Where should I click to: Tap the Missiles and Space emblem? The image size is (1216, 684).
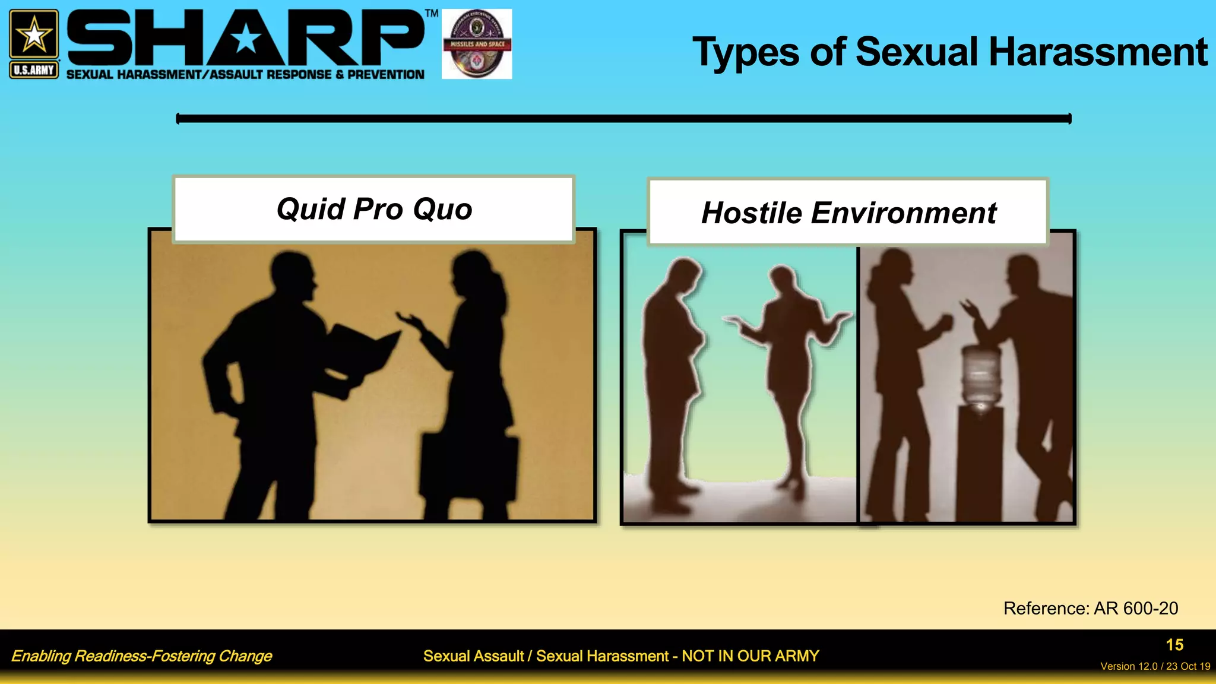[x=477, y=44]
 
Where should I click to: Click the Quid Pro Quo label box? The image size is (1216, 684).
[x=374, y=209]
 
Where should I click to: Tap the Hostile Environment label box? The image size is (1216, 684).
[x=848, y=213]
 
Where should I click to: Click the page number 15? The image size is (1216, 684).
[x=1174, y=645]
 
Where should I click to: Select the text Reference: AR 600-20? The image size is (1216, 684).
[x=1090, y=608]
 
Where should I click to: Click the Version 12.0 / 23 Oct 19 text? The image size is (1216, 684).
[x=1155, y=666]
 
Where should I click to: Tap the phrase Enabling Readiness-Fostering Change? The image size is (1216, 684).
[x=141, y=656]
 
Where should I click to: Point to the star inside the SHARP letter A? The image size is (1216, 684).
[x=245, y=40]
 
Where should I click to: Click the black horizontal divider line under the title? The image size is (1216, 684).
[x=623, y=119]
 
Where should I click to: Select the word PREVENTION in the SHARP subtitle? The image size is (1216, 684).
[x=386, y=75]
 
